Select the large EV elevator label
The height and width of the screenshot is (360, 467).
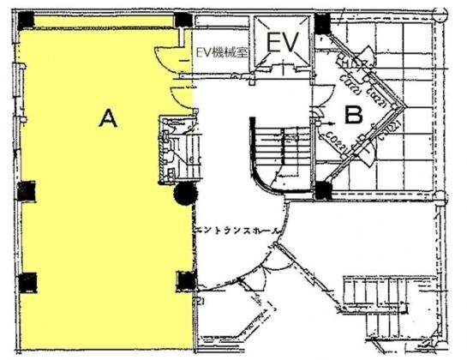point(282,44)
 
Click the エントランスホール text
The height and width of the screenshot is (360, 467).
point(242,231)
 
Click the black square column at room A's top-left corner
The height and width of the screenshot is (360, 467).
point(26,19)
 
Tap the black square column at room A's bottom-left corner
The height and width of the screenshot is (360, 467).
point(27,280)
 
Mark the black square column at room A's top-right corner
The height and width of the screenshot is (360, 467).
point(182,20)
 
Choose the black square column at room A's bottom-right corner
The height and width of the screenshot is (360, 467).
point(183,279)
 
